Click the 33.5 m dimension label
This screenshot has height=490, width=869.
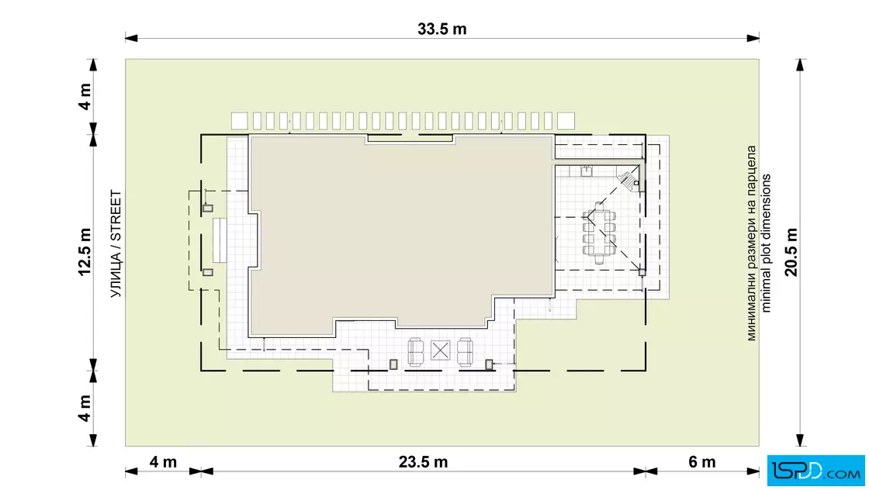(441, 29)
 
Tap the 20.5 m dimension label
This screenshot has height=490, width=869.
(791, 252)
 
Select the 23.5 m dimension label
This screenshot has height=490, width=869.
(423, 462)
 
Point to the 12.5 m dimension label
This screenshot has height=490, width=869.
(85, 252)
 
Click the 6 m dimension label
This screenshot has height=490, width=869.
(701, 462)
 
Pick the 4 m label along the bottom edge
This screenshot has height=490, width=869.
(163, 462)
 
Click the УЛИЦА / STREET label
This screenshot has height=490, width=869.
(116, 243)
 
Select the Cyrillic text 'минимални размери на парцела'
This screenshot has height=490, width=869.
(752, 243)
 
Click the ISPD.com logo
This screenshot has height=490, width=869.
(815, 471)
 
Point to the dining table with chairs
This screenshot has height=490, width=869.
(598, 233)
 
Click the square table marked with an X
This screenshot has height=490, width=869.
(440, 350)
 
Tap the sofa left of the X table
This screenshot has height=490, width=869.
(416, 352)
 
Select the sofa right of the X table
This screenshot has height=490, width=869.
(465, 352)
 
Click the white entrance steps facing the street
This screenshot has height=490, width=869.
(220, 240)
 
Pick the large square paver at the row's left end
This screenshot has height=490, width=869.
(240, 121)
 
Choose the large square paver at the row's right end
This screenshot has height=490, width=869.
(566, 121)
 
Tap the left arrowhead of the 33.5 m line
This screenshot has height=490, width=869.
(131, 38)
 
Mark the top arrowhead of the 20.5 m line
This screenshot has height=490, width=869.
(800, 65)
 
